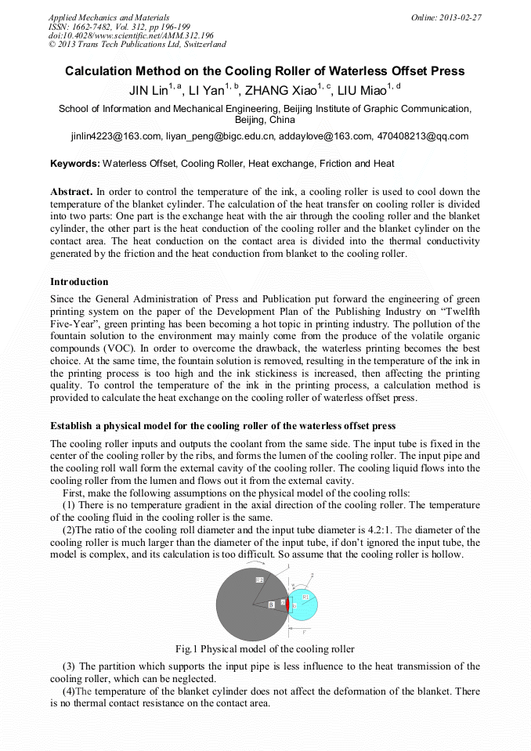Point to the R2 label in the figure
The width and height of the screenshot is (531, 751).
[x=259, y=579]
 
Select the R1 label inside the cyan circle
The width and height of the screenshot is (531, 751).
[x=306, y=597]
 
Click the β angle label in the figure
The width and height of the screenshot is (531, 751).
[x=271, y=605]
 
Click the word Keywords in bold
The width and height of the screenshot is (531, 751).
[x=75, y=164]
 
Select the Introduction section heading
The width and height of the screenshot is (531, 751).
[x=79, y=281]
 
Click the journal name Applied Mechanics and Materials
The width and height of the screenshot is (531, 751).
[x=108, y=16]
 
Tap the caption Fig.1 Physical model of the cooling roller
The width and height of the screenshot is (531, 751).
[x=265, y=649]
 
